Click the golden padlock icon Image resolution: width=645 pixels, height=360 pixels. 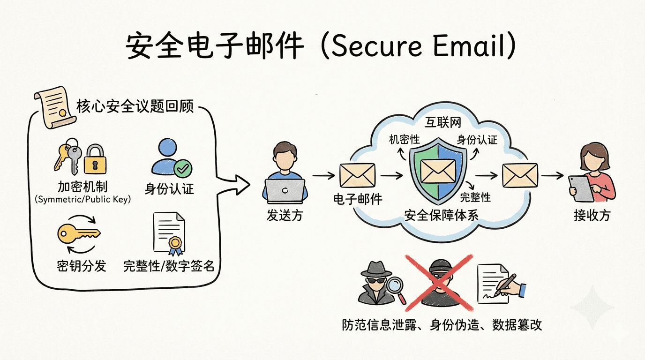coord(95,159)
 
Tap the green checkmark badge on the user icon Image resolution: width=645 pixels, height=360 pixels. coord(183,167)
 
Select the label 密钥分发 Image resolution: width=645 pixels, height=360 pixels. coord(82,266)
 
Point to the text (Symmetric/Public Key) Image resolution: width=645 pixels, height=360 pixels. coord(82,199)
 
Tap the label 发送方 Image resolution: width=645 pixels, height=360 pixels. coord(285,216)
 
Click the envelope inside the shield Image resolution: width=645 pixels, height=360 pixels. coord(438,171)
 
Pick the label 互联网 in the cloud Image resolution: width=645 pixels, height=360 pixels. coord(443,123)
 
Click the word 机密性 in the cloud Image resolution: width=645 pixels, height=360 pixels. coord(404,139)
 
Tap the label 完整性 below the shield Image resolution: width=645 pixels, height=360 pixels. coord(475,197)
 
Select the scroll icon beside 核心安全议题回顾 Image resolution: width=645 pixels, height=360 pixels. coord(53,109)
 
